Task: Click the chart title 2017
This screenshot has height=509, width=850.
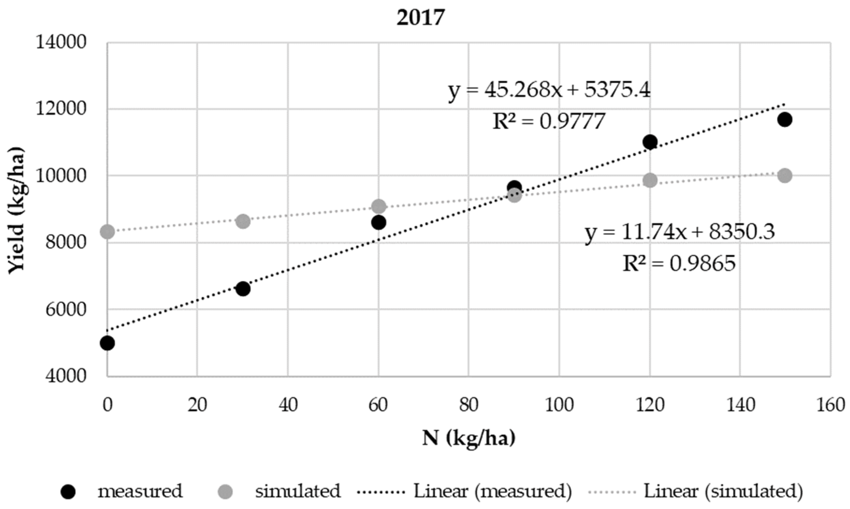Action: click(x=421, y=18)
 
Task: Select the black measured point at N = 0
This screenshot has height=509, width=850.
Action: click(x=107, y=343)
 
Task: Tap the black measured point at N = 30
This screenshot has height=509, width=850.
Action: click(x=243, y=289)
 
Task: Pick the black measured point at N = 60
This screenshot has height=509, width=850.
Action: click(x=379, y=223)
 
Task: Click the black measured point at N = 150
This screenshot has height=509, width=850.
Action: click(x=785, y=120)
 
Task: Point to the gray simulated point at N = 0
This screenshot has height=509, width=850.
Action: click(x=107, y=232)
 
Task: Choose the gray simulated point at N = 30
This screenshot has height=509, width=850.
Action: click(x=243, y=222)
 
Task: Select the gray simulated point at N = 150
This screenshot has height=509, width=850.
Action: click(x=785, y=176)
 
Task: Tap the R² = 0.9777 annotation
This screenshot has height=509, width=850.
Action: click(x=549, y=122)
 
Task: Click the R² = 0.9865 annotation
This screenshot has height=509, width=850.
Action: click(x=679, y=263)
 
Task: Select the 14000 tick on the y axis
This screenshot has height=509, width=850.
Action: click(x=61, y=43)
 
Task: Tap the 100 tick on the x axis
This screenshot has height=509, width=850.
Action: click(x=559, y=405)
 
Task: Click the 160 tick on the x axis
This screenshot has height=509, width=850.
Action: click(x=830, y=405)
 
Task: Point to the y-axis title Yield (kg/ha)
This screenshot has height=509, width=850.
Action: click(x=16, y=210)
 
